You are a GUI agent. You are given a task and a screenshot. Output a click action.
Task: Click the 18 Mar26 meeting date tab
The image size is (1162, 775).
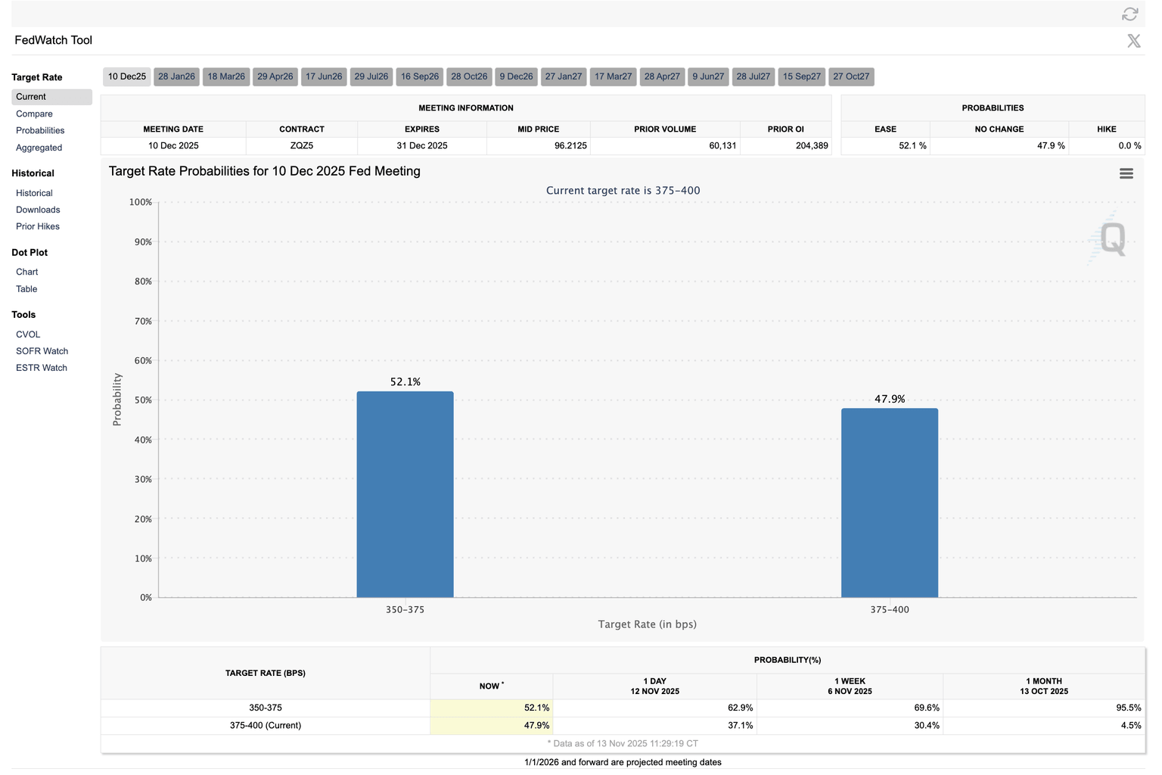[x=226, y=76]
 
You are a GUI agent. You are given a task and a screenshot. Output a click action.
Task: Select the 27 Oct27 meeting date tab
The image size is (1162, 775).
[x=851, y=76]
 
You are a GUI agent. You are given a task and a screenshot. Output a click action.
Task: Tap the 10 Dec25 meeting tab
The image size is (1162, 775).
[x=126, y=76]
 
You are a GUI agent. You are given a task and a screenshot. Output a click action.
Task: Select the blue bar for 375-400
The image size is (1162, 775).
[x=889, y=503]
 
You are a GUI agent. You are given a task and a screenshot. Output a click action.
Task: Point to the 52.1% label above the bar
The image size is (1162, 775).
[x=405, y=382]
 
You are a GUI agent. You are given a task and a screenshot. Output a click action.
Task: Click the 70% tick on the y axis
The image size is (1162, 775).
[x=143, y=321]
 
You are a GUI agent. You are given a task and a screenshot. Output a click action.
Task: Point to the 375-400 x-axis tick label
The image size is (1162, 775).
[x=889, y=609]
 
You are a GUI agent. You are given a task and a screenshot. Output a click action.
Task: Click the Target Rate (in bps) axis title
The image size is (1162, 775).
[x=647, y=624]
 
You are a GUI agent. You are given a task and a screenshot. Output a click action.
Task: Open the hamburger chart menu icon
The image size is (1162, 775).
[x=1126, y=173]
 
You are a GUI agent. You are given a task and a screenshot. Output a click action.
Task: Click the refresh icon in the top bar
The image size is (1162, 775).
[x=1129, y=14]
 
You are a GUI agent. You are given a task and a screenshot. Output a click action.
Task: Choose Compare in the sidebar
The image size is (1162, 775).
[x=34, y=114]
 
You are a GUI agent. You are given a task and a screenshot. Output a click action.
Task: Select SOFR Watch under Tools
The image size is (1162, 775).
[x=42, y=351]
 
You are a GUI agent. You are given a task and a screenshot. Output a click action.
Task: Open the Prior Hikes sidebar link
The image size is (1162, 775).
[x=38, y=226]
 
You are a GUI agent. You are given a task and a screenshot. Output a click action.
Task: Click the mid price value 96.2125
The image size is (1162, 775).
[x=570, y=145]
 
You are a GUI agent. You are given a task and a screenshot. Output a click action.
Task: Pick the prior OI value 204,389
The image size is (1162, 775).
[x=811, y=145]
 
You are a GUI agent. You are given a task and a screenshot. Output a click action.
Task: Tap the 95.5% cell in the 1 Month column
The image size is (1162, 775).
[x=1128, y=708]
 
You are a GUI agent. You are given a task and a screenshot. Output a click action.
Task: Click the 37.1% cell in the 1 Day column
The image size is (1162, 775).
[x=740, y=725]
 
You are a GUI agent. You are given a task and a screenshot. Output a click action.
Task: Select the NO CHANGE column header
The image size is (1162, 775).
[x=999, y=129]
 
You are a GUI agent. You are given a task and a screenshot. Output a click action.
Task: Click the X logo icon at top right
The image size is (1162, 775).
[x=1133, y=41]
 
